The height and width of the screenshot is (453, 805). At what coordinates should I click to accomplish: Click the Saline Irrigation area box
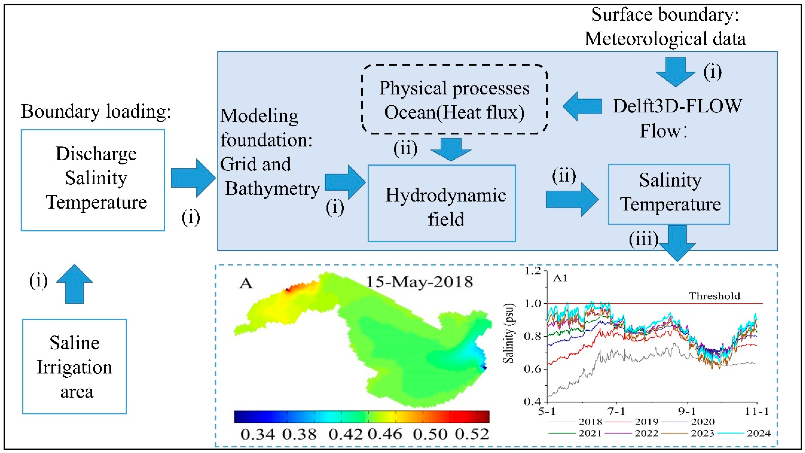pyautogui.click(x=74, y=366)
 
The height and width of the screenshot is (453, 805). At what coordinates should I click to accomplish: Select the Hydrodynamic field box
pyautogui.click(x=442, y=203)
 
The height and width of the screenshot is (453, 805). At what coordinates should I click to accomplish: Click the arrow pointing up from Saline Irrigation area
pyautogui.click(x=74, y=284)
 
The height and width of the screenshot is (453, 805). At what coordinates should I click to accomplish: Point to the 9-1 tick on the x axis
pyautogui.click(x=687, y=411)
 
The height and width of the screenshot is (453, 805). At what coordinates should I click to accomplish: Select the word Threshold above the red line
pyautogui.click(x=714, y=296)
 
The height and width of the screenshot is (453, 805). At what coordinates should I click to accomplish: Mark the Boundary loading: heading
pyautogui.click(x=96, y=111)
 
